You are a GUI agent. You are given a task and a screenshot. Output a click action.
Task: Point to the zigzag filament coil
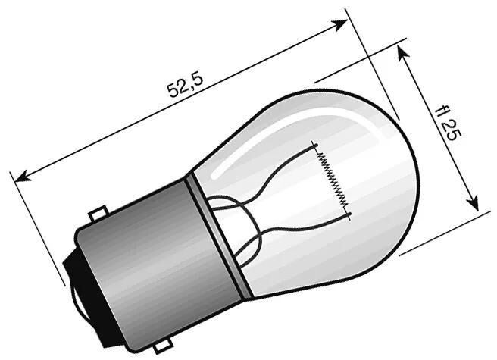click(x=333, y=180)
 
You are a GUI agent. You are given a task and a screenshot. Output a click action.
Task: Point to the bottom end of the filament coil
click(x=350, y=215)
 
